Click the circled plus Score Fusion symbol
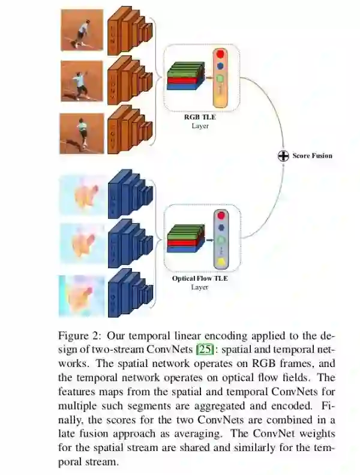tap(283, 156)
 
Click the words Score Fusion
tap(312, 156)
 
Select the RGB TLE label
tap(199, 118)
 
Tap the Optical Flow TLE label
tap(199, 279)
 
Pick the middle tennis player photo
tap(82, 80)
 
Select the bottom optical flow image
tap(82, 294)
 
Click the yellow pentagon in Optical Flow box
tap(221, 261)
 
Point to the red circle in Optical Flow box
tap(221, 215)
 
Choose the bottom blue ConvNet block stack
tap(130, 294)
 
